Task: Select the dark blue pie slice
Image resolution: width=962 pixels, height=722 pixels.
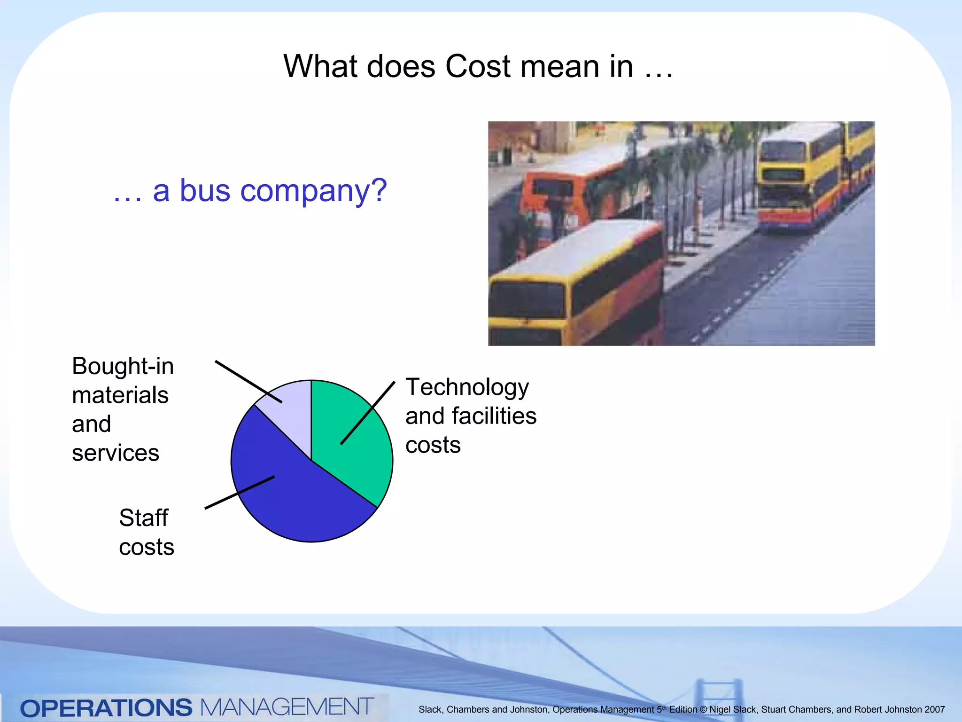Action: click(301, 503)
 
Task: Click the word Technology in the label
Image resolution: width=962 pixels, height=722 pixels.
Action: click(467, 388)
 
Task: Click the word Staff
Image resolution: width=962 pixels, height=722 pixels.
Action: click(143, 518)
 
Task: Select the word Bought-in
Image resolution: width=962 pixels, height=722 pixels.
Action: click(123, 367)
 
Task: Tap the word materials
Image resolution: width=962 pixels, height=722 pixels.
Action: click(120, 395)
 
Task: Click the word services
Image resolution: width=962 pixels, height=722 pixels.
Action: click(116, 453)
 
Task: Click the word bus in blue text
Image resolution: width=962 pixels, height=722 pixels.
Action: click(205, 191)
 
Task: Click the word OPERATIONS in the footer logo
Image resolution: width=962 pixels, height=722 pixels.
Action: click(106, 708)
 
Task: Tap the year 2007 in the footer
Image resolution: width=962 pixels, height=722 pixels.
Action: click(934, 709)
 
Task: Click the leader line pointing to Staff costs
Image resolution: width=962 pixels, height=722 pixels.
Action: click(240, 492)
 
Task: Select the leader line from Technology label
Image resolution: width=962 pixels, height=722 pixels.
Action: click(367, 413)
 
